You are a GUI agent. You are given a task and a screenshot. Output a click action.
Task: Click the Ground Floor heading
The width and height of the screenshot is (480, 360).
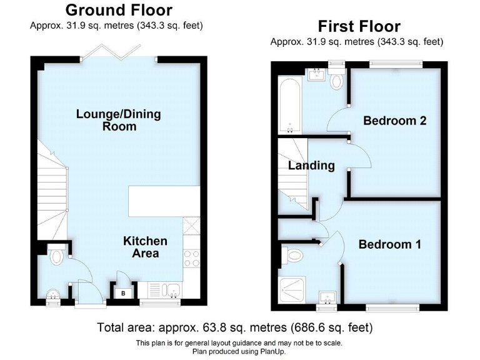(x=119, y=10)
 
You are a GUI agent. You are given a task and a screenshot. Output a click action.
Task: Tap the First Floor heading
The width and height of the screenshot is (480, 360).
(x=359, y=26)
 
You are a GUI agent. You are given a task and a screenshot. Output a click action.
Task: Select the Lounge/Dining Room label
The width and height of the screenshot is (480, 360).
(x=118, y=120)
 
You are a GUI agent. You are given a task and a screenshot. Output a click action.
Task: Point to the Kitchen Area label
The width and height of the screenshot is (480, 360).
(x=145, y=247)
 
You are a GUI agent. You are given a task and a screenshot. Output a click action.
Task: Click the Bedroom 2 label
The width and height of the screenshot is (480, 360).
(x=395, y=121)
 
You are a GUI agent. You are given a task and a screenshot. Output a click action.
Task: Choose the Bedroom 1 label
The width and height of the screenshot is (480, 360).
(x=389, y=244)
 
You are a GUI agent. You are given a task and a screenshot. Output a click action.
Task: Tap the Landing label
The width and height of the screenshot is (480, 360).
(x=311, y=166)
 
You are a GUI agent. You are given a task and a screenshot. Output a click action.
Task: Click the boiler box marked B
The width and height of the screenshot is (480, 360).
(x=123, y=292)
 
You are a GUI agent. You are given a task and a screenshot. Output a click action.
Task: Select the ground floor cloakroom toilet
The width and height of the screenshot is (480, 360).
(x=56, y=256)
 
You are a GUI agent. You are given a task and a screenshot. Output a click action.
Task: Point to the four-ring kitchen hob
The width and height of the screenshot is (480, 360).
(x=191, y=257)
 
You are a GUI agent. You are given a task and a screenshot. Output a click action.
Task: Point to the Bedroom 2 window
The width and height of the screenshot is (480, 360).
(x=395, y=62)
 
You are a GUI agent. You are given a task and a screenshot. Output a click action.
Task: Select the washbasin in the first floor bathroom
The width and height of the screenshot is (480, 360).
(x=315, y=76)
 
